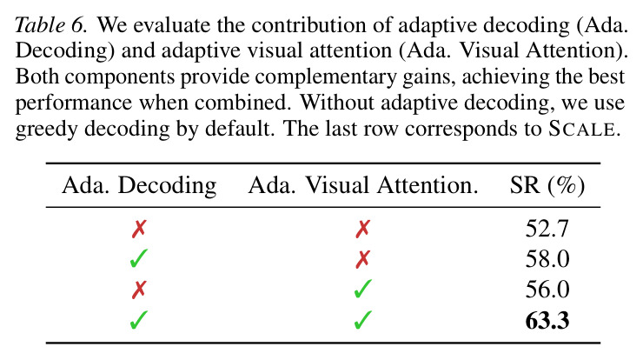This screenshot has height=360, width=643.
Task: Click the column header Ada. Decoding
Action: tap(139, 185)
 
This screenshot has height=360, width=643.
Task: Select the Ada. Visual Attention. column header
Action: tap(363, 185)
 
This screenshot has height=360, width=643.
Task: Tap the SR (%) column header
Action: tap(547, 186)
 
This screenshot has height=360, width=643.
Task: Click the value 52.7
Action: tap(547, 229)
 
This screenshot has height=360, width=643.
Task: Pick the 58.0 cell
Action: tap(547, 259)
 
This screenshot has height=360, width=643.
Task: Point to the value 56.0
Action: tap(547, 290)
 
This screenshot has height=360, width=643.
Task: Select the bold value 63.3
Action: tap(547, 321)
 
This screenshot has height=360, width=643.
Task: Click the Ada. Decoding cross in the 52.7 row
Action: tap(139, 229)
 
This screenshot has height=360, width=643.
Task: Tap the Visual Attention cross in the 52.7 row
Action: tap(363, 229)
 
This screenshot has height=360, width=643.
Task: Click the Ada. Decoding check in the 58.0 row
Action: tap(139, 258)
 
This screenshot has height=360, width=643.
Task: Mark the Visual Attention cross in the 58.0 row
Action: tap(363, 259)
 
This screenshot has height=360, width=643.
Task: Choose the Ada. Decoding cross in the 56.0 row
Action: tap(139, 290)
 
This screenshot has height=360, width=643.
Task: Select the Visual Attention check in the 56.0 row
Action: tap(363, 289)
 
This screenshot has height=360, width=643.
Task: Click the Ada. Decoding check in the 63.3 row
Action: tap(139, 320)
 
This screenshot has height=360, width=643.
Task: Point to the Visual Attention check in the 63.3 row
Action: tap(363, 320)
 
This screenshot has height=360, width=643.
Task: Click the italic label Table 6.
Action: tap(51, 25)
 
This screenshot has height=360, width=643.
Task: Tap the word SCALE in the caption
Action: tap(582, 129)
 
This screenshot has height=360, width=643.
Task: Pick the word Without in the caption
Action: tap(336, 103)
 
